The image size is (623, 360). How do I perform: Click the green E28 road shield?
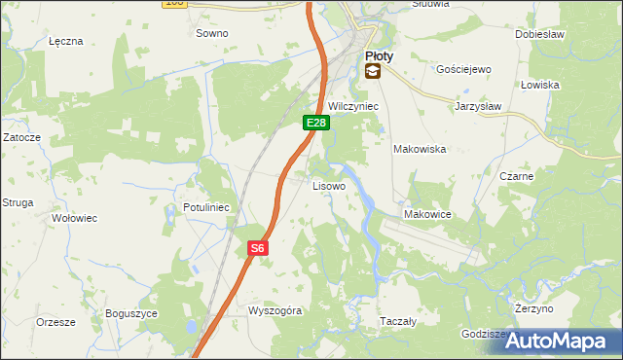[315, 123]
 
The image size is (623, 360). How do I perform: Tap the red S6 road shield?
[257, 249]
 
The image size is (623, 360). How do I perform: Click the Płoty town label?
[380, 56]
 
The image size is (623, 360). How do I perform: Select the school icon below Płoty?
[373, 72]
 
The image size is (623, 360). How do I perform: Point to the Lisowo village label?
[328, 185]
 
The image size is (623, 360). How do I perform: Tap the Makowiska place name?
[419, 150]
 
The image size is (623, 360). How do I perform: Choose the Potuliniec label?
[205, 207]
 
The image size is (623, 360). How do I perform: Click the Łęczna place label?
[66, 42]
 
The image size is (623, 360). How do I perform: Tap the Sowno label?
[211, 33]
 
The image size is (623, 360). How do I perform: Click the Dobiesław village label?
[540, 33]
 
